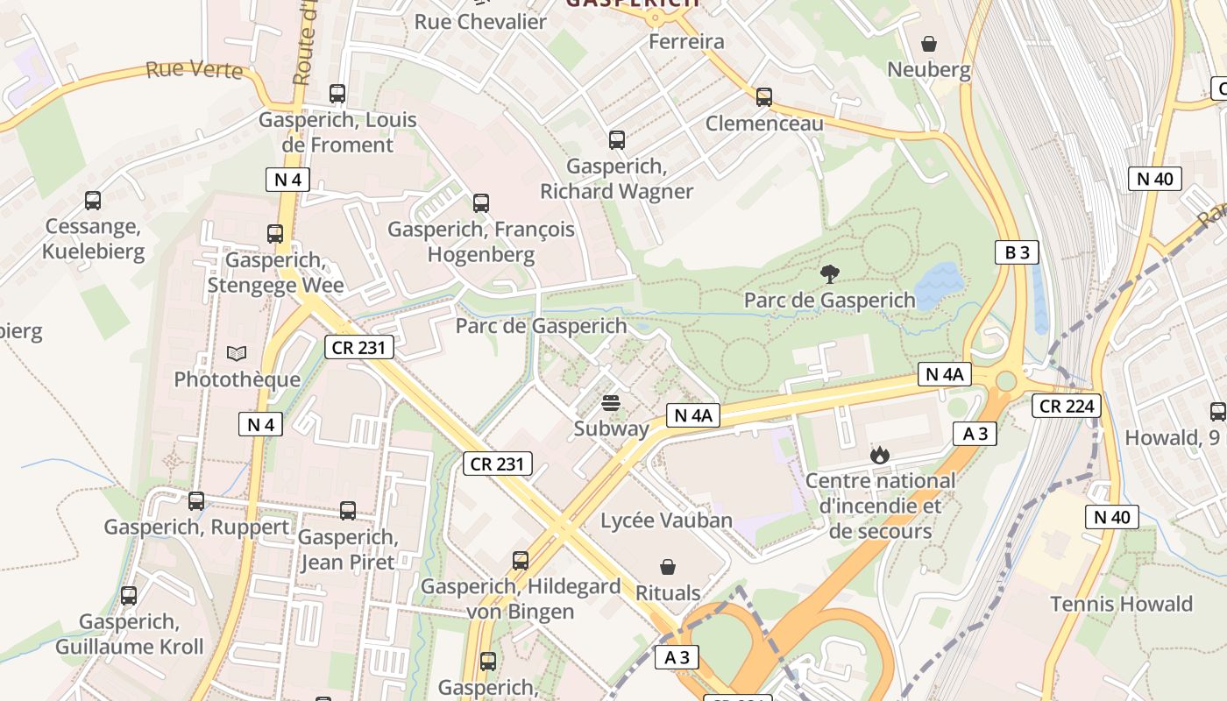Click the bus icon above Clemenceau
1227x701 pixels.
click(764, 96)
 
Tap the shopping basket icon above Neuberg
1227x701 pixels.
click(929, 43)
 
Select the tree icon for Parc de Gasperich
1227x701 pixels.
click(829, 274)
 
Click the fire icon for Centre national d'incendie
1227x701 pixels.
click(879, 455)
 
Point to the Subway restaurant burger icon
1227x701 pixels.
click(611, 403)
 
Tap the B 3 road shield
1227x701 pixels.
click(1017, 252)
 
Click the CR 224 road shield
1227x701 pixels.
click(1065, 406)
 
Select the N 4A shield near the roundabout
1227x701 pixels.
click(944, 374)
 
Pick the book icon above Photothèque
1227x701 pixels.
click(237, 353)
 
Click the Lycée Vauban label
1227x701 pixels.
click(666, 520)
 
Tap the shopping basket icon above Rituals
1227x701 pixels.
click(668, 567)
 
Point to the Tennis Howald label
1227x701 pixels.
click(1121, 604)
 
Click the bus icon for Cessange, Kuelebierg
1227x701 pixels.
click(93, 201)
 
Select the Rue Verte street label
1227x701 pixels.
click(194, 69)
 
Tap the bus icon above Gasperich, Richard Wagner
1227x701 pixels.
click(617, 139)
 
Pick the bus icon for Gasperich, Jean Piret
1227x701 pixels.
click(348, 511)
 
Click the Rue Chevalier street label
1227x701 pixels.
click(480, 21)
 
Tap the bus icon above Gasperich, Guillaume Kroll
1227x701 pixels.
click(129, 596)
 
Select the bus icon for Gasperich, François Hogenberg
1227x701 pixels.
click(481, 203)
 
